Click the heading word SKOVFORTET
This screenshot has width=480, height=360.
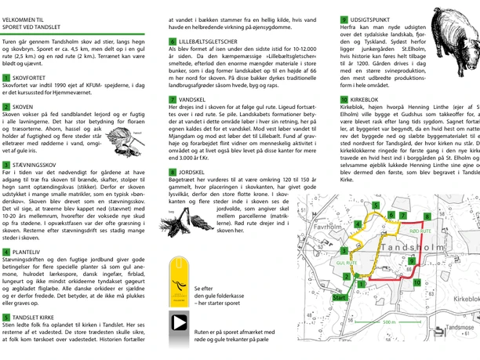pos(31,78)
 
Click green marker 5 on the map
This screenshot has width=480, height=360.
pos(376,205)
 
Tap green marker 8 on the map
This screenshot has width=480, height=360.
pos(427,216)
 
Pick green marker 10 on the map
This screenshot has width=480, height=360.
pos(416,282)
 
